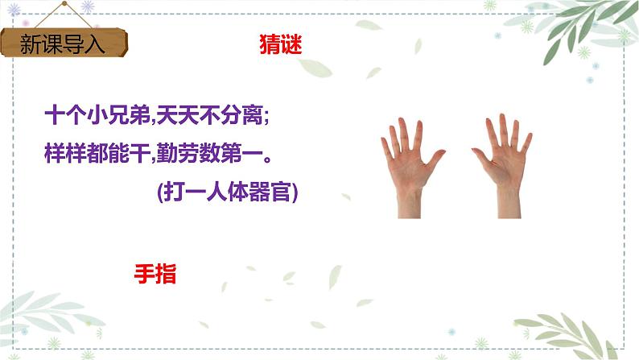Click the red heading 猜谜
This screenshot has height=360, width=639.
click(x=280, y=45)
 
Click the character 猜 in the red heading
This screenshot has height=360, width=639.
click(x=270, y=45)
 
